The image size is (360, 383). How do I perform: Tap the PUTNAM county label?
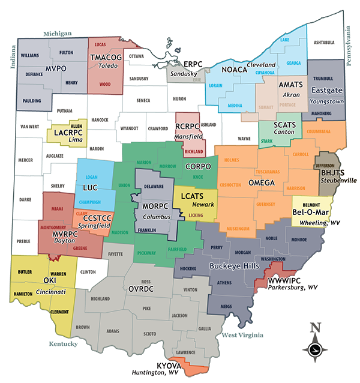point(64,111)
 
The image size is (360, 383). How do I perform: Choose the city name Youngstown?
point(328,101)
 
